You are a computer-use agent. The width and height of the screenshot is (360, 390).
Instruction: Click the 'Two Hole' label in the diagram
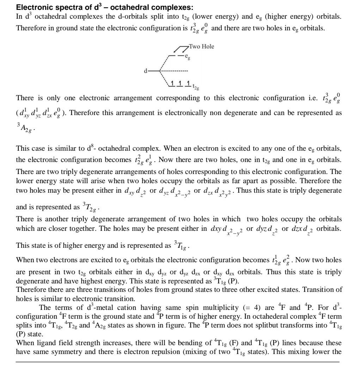pos(201,46)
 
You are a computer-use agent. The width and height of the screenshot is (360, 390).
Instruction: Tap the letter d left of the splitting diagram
pos(145,71)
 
